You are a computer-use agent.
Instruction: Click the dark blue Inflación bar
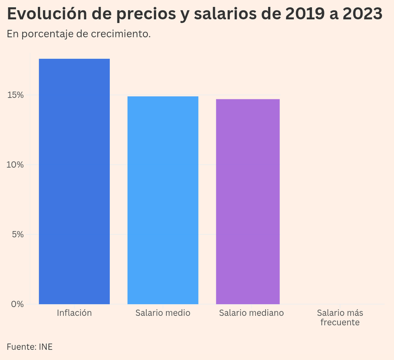tap(74, 181)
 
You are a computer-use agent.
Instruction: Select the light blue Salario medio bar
tap(163, 200)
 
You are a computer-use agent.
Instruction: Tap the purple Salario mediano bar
tap(248, 201)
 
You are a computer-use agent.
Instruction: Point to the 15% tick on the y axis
tap(15, 95)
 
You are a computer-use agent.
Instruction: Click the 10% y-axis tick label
tap(15, 165)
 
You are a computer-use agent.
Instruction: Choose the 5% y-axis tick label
tap(17, 234)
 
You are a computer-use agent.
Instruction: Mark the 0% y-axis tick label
tap(17, 304)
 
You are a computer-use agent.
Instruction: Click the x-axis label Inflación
tap(74, 313)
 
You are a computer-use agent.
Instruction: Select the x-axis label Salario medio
tap(163, 313)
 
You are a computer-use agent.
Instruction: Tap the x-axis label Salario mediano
tap(251, 313)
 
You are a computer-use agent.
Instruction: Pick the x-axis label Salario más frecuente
tap(340, 317)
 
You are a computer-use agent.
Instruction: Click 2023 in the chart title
tap(362, 14)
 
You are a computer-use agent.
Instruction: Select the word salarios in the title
tap(225, 14)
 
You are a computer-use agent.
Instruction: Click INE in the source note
tap(45, 346)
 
